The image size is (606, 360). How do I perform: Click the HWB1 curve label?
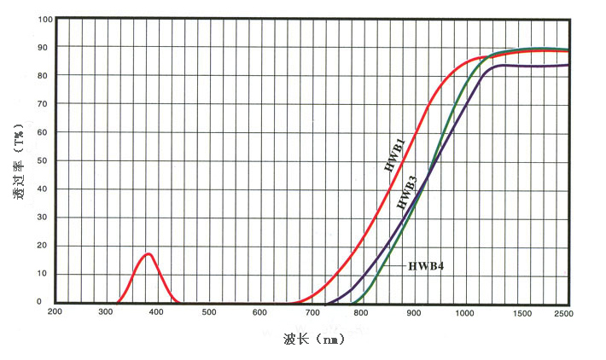click(x=394, y=150)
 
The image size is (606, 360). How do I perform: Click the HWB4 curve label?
click(x=426, y=266)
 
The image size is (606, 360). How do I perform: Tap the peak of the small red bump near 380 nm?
click(x=149, y=253)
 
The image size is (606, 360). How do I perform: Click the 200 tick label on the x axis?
click(x=55, y=313)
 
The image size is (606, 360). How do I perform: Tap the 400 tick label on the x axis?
click(x=158, y=313)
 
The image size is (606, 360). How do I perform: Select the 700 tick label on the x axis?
click(x=312, y=313)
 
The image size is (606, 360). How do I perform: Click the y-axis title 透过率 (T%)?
click(x=17, y=162)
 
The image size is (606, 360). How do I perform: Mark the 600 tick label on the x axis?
click(x=260, y=313)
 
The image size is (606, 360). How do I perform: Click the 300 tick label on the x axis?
click(x=107, y=313)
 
